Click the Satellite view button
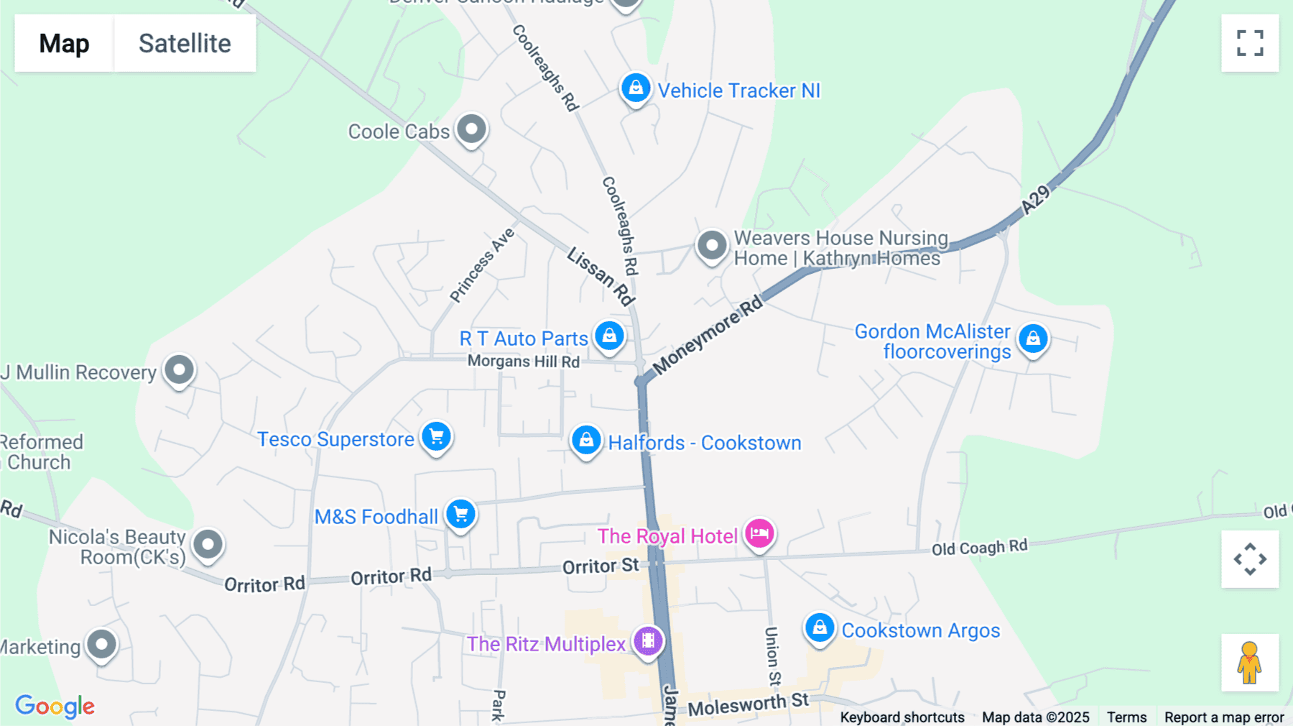tap(185, 43)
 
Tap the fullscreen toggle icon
tap(1250, 43)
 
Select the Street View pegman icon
tap(1250, 662)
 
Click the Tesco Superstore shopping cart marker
tap(436, 436)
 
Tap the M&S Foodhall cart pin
tap(460, 514)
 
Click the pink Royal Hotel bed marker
tap(759, 533)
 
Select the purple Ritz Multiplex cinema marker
tap(648, 640)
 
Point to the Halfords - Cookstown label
tap(704, 443)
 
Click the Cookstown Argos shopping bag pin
tap(819, 628)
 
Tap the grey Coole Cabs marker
tap(471, 130)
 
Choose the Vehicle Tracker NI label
tap(738, 91)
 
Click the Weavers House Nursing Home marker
tap(712, 246)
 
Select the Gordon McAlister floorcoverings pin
tap(1033, 338)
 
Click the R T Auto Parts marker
tap(609, 336)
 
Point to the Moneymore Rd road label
tap(708, 335)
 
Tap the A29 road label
tap(1035, 199)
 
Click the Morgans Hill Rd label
tap(523, 362)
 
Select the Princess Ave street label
tap(482, 265)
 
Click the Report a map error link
tap(1223, 717)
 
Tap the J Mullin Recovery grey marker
tap(179, 370)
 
